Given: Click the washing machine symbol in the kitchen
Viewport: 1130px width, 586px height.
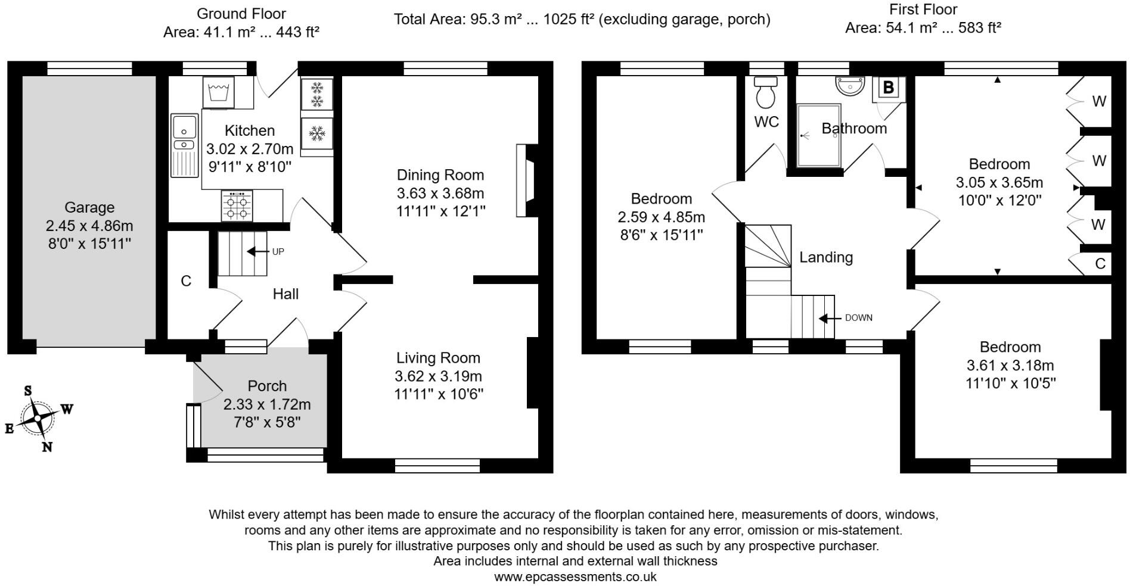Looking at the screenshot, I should pyautogui.click(x=218, y=92).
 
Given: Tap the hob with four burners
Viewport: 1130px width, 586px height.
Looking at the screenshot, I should pyautogui.click(x=237, y=206).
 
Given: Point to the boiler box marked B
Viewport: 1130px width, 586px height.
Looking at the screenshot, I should pyautogui.click(x=888, y=88).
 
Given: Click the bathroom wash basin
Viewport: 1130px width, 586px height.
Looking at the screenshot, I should pyautogui.click(x=850, y=86).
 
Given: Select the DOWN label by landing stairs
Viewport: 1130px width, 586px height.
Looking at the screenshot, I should pyautogui.click(x=858, y=318).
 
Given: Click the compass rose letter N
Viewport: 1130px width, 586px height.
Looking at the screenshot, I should pyautogui.click(x=47, y=447).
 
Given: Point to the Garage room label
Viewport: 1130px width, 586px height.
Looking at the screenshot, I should pyautogui.click(x=89, y=207).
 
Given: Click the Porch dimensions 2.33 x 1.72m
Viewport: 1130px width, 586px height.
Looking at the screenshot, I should pyautogui.click(x=267, y=404).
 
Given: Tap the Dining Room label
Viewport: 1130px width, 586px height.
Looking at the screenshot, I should pyautogui.click(x=440, y=175).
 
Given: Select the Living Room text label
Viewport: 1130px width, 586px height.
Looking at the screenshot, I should pyautogui.click(x=438, y=358).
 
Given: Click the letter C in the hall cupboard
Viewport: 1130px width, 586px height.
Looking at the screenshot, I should pyautogui.click(x=186, y=281).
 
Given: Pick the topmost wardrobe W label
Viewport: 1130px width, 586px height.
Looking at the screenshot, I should pyautogui.click(x=1099, y=101).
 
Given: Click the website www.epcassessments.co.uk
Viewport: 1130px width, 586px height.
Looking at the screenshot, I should pyautogui.click(x=575, y=576).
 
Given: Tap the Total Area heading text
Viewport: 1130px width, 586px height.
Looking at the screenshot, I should pyautogui.click(x=582, y=20).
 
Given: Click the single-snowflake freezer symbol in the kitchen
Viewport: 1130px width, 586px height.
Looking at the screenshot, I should pyautogui.click(x=317, y=133).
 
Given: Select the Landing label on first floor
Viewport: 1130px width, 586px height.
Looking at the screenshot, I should pyautogui.click(x=825, y=257).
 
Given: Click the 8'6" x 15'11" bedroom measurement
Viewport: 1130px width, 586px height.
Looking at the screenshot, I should pyautogui.click(x=662, y=235).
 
